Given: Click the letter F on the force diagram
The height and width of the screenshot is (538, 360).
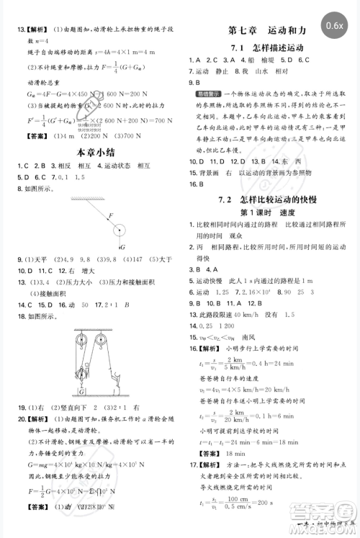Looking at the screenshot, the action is pos(110,215).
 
